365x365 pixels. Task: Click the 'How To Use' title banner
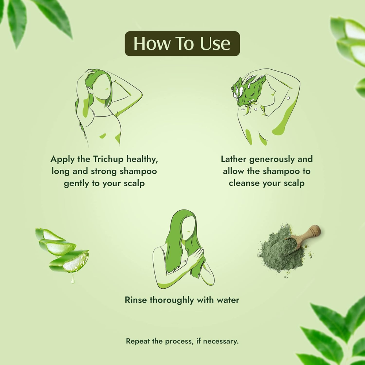[182, 43]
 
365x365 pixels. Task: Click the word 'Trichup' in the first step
[108, 160]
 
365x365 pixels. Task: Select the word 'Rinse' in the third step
[136, 300]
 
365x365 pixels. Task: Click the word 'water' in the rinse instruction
[228, 300]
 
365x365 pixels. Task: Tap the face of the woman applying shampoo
[104, 88]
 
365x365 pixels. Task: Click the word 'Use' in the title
[215, 43]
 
